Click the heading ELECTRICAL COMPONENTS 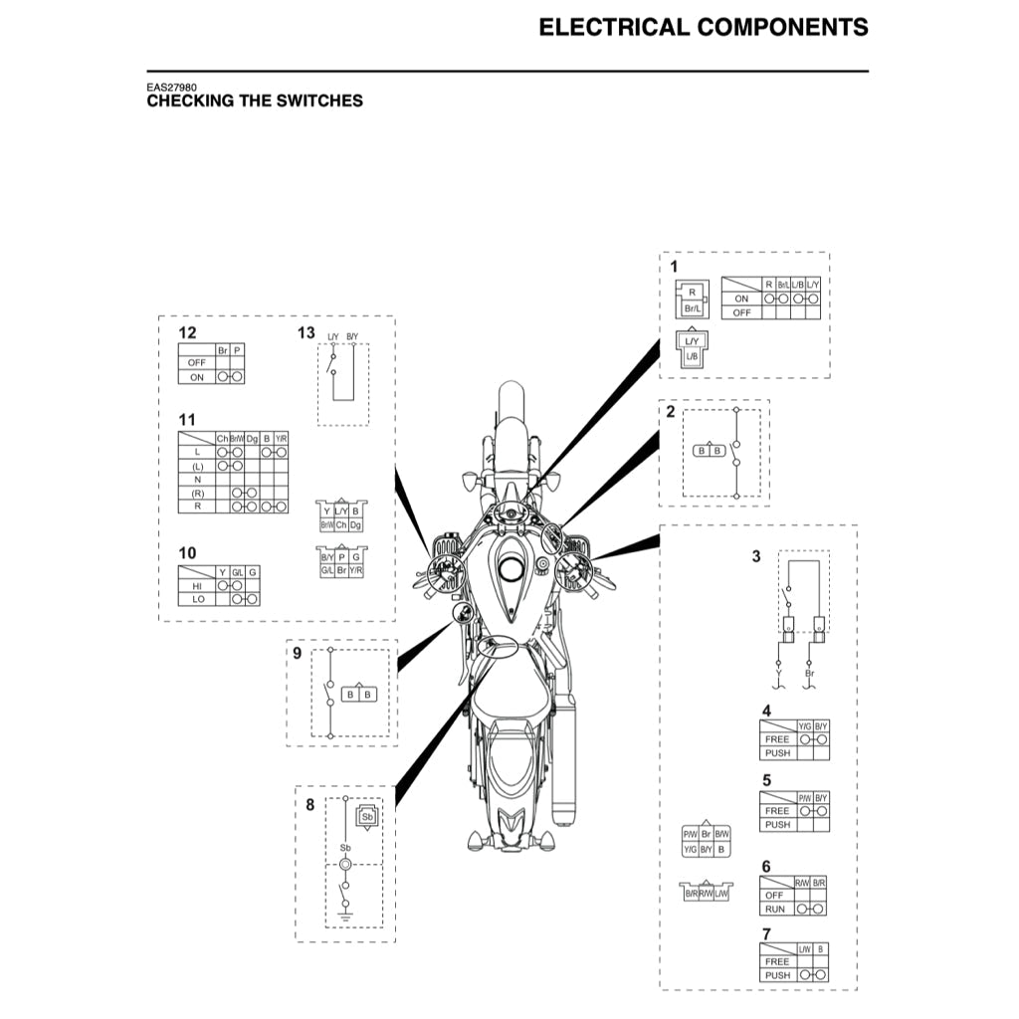click(703, 27)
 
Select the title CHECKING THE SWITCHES click(255, 102)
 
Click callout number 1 click(674, 267)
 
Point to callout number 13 click(306, 332)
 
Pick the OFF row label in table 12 click(196, 363)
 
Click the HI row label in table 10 click(197, 586)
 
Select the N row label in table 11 click(197, 479)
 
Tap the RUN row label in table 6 click(775, 909)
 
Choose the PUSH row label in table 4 click(777, 753)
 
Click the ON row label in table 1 click(740, 299)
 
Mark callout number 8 click(309, 805)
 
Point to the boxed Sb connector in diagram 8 click(367, 817)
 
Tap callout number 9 click(297, 653)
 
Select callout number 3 click(756, 556)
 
